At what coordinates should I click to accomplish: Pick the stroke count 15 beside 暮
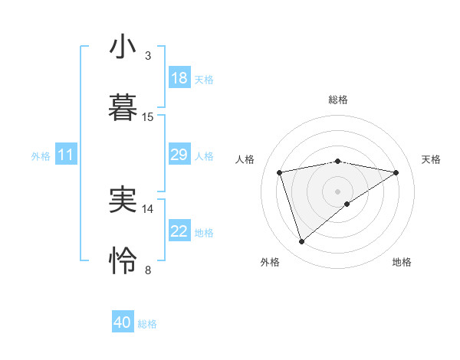[148, 116]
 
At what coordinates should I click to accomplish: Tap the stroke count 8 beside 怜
[148, 270]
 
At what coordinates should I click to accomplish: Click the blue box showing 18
[179, 78]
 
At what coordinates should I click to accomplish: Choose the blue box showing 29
[179, 155]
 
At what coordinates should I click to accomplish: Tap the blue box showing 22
[179, 231]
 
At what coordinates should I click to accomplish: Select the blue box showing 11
[65, 155]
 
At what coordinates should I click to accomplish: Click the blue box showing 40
[123, 322]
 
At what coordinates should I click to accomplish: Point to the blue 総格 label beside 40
[147, 324]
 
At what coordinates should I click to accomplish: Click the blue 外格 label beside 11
[41, 156]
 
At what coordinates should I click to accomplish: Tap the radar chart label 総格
[338, 100]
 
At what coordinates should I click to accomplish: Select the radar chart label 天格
[432, 159]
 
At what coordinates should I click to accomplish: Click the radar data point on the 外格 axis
[301, 242]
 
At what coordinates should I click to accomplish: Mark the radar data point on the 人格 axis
[280, 172]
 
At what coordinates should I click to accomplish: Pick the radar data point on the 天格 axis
[396, 172]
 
